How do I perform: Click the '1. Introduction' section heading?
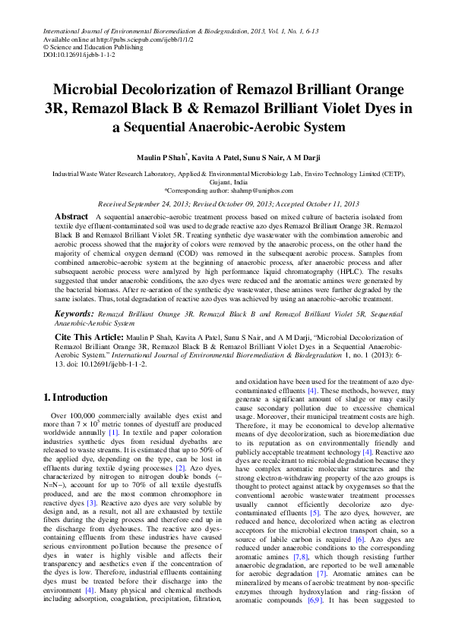point(76,398)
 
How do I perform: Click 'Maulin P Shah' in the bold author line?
point(163,156)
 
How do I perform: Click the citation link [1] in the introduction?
point(113,432)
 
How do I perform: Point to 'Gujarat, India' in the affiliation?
point(226,183)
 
